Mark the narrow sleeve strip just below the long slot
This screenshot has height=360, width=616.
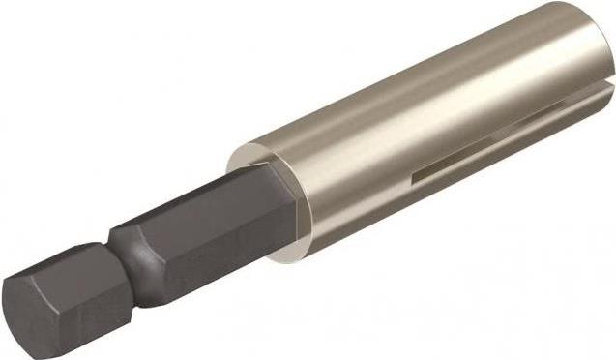click(x=484, y=179)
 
